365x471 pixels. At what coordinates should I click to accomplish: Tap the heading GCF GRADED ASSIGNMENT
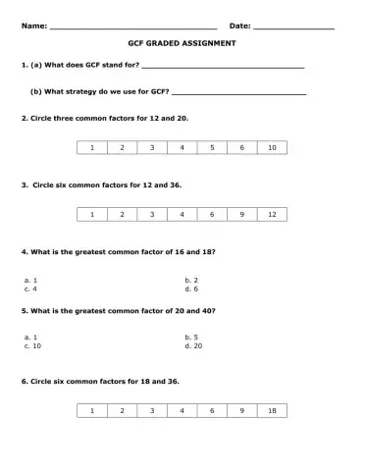[182, 45]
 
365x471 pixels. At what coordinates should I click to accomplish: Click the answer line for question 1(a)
[223, 67]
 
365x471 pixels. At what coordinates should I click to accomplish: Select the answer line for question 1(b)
[238, 92]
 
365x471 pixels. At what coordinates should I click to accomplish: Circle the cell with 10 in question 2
[272, 148]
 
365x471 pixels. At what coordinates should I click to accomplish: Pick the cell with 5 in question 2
[212, 148]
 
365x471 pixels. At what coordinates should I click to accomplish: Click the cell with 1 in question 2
[92, 148]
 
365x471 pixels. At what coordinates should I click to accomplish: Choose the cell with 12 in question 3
[272, 214]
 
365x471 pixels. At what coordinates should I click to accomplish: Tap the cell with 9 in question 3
[241, 214]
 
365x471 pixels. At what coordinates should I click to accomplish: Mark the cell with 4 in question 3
[182, 214]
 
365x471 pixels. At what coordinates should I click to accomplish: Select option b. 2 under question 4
[191, 281]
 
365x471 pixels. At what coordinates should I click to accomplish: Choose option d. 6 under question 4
[191, 289]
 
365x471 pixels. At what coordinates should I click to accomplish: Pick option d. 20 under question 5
[193, 345]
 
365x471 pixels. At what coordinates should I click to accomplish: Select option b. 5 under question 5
[191, 337]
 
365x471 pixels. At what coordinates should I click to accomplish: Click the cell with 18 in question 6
[272, 411]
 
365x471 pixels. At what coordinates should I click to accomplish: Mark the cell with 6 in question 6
[212, 411]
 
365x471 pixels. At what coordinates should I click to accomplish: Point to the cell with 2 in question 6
[122, 411]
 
